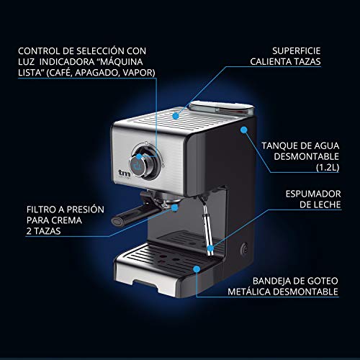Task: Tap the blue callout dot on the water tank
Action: coord(245,130)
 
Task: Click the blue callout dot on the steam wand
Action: coord(210,248)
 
